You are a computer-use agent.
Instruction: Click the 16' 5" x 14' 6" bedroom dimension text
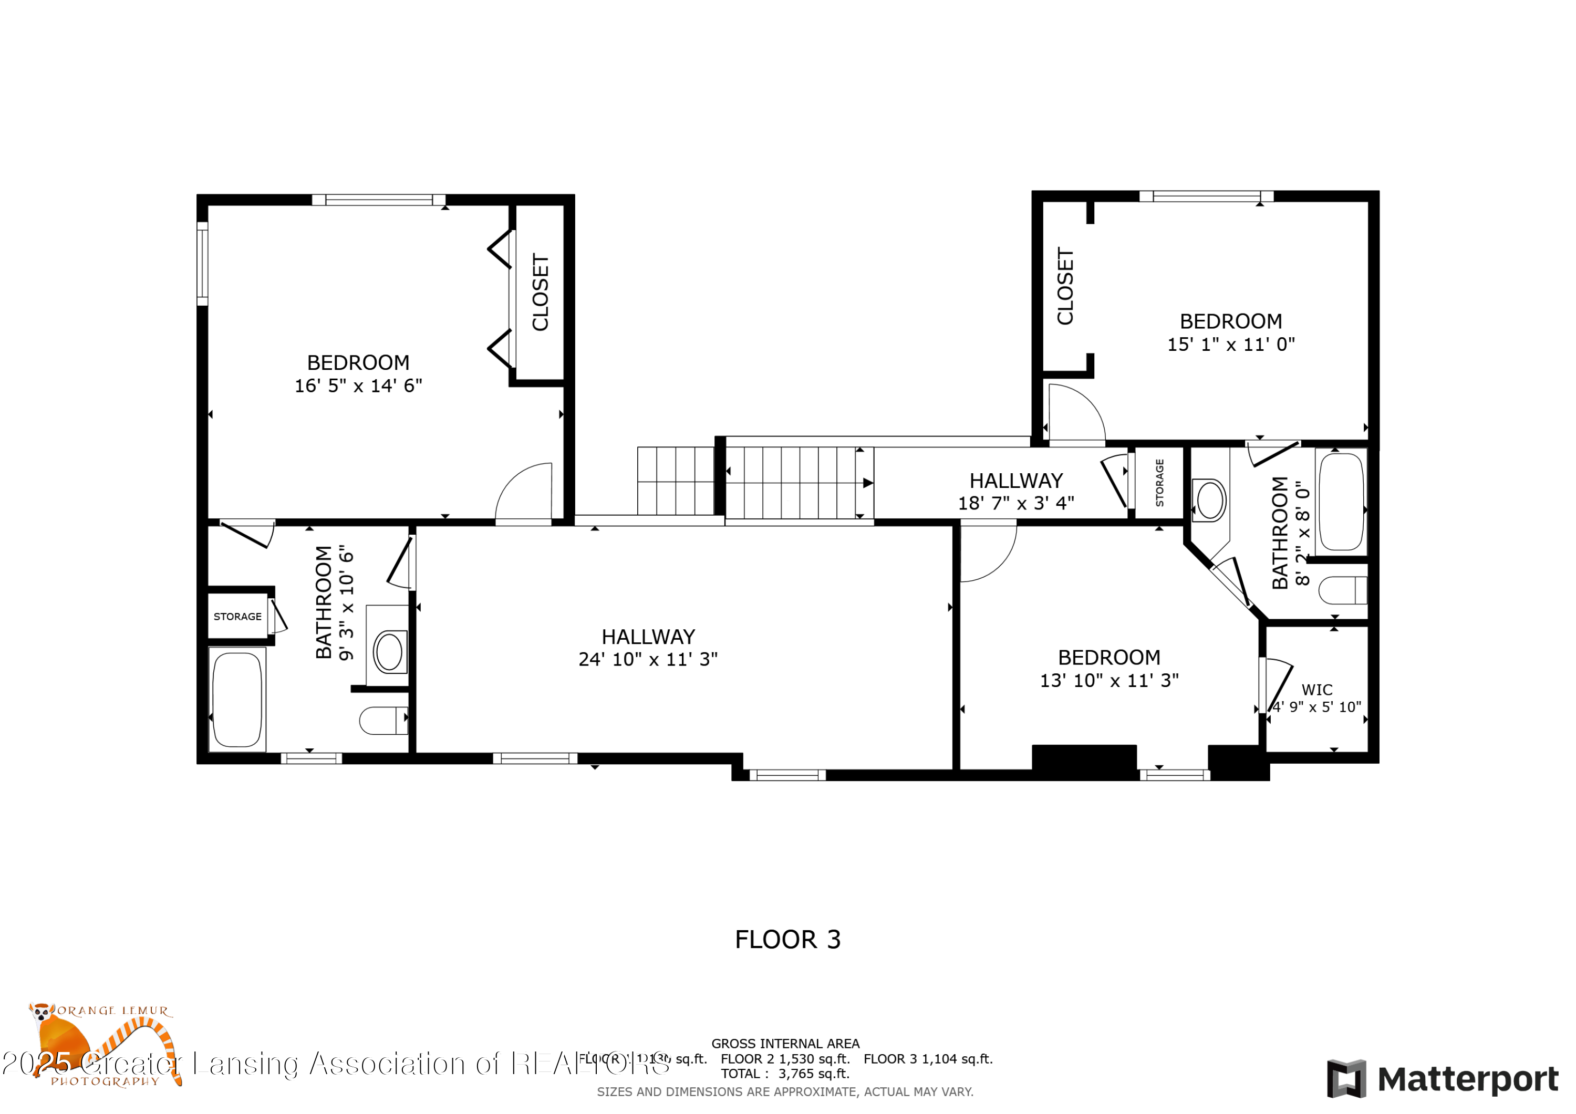pyautogui.click(x=358, y=386)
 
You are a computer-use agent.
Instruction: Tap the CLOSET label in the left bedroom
pyautogui.click(x=540, y=293)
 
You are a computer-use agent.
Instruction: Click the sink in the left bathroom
pyautogui.click(x=389, y=651)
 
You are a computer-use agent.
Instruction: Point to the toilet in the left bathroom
pyautogui.click(x=382, y=720)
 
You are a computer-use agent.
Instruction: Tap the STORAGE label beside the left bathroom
pyautogui.click(x=237, y=617)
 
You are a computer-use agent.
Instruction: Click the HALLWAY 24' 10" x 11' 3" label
pyautogui.click(x=647, y=647)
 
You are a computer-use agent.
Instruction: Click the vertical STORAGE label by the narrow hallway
pyautogui.click(x=1159, y=483)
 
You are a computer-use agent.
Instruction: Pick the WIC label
pyautogui.click(x=1316, y=690)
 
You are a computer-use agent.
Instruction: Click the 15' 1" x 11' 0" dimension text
pyautogui.click(x=1231, y=345)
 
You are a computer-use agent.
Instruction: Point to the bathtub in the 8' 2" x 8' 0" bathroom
pyautogui.click(x=1341, y=501)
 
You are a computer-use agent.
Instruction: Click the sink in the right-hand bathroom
pyautogui.click(x=1210, y=499)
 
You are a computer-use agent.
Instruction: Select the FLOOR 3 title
pyautogui.click(x=787, y=939)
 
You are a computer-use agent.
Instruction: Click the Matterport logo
pyautogui.click(x=1442, y=1079)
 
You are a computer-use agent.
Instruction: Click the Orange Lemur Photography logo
pyautogui.click(x=103, y=1043)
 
